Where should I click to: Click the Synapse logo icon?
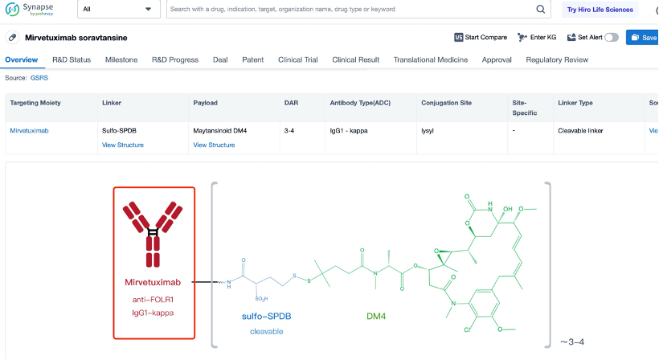tap(12, 10)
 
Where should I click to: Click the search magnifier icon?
tap(541, 10)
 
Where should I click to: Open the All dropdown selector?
tap(118, 10)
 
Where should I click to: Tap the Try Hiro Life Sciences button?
tap(600, 10)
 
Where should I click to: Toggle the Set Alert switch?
tap(612, 38)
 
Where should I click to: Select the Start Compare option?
tap(481, 38)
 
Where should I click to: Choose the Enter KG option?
tap(537, 38)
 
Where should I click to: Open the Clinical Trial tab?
tap(298, 59)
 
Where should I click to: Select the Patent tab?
tap(253, 59)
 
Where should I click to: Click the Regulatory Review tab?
tap(557, 59)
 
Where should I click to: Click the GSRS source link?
tap(39, 78)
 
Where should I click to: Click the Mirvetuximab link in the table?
tap(29, 131)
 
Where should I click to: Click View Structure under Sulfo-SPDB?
tap(123, 145)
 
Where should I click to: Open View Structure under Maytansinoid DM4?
tap(214, 145)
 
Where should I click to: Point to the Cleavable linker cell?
tap(580, 131)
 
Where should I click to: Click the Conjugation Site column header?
tap(446, 103)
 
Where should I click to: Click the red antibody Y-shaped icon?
tap(153, 234)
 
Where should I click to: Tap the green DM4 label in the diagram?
tap(376, 317)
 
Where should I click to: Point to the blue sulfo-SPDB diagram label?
tap(267, 317)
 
